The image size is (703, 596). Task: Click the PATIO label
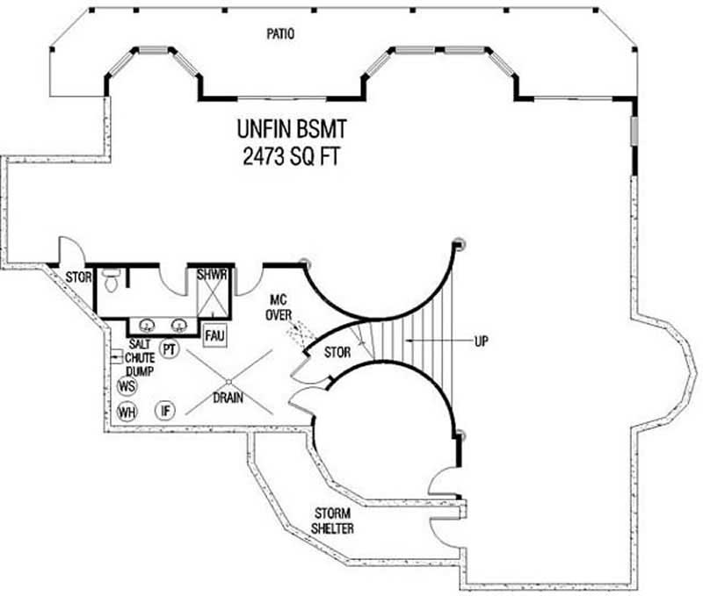[x=279, y=35]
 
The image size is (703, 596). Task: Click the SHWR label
[x=213, y=275]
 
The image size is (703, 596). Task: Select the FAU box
[x=214, y=334]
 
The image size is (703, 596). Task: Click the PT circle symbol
[x=170, y=349]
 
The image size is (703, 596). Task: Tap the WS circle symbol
[x=127, y=386]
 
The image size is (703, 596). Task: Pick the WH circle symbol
[x=127, y=412]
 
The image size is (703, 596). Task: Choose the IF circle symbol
[x=164, y=410]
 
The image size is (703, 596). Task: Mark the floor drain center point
[x=228, y=380]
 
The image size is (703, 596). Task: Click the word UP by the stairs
[x=482, y=339]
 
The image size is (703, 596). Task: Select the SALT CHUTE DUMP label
[x=140, y=358]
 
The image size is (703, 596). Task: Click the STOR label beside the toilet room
[x=78, y=276]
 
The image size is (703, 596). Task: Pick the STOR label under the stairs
[x=337, y=352]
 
